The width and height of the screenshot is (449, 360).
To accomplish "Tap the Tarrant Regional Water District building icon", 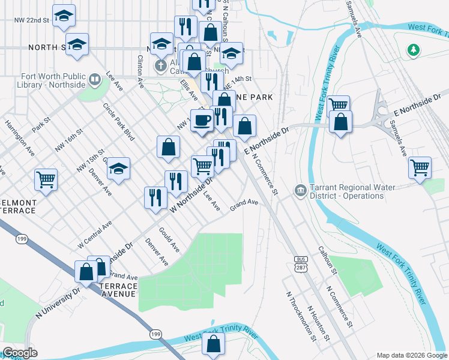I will pyautogui.click(x=300, y=191).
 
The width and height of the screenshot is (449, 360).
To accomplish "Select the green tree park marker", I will pyautogui.click(x=412, y=50).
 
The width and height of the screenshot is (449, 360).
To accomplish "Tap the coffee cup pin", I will pyautogui.click(x=202, y=119).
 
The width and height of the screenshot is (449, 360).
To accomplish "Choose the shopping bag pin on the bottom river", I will pyautogui.click(x=213, y=344).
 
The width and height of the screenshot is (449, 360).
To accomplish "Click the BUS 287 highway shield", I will pyautogui.click(x=301, y=265).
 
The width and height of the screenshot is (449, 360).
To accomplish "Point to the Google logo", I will pyautogui.click(x=20, y=353).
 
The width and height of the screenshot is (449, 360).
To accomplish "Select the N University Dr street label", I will pyautogui.click(x=58, y=303).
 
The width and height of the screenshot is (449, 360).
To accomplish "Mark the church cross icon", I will pyautogui.click(x=160, y=64).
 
